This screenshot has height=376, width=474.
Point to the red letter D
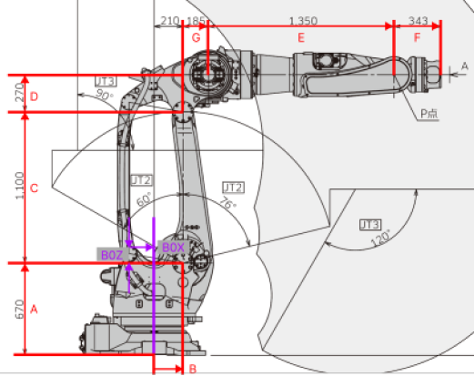point(34,95)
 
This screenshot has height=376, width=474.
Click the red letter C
point(34,188)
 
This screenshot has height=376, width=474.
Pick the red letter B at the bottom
point(191,369)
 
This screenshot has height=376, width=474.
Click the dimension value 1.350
point(302,19)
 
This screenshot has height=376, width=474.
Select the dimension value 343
point(419,19)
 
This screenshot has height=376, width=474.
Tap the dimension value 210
point(168,19)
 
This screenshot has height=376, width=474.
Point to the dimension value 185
point(196,19)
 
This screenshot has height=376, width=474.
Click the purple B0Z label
point(112,255)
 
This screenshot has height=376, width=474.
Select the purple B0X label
point(173,247)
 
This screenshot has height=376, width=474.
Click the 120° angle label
point(379,238)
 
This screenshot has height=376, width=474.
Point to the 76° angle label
point(227,206)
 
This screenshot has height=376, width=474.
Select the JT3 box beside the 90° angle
point(106,82)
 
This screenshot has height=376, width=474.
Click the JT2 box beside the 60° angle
point(141,179)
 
